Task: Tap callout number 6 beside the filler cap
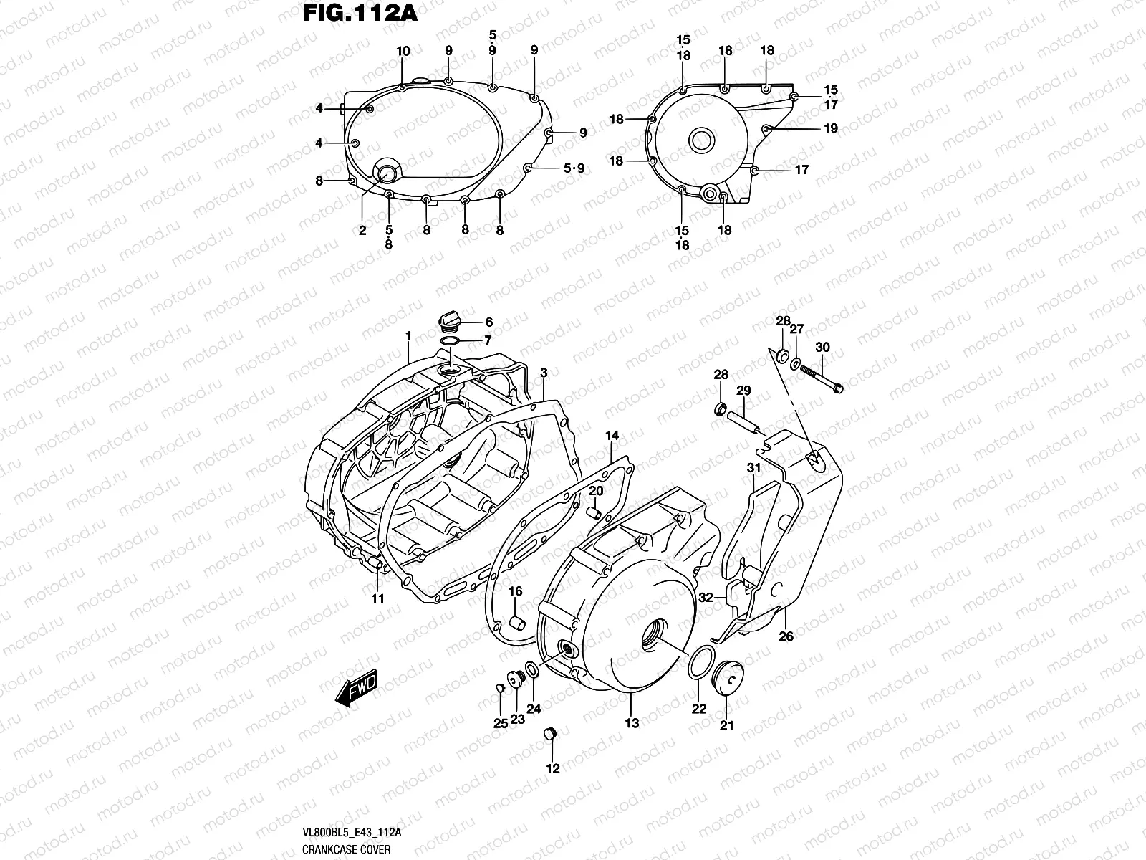pos(489,322)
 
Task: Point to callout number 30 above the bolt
pos(823,348)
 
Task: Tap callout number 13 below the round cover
pos(632,724)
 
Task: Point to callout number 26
pos(786,636)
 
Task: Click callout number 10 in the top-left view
pos(403,52)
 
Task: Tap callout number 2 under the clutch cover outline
pos(362,231)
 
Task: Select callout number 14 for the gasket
pos(612,436)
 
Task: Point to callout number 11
pos(377,598)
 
